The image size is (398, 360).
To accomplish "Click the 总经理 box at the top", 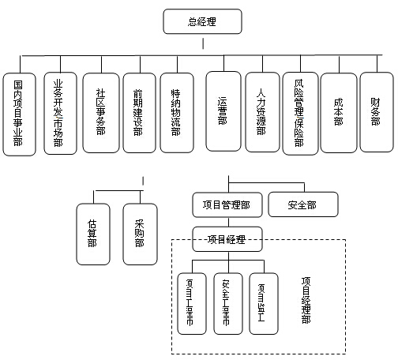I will pyautogui.click(x=202, y=21).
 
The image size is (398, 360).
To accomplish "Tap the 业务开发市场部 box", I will pyautogui.click(x=59, y=113).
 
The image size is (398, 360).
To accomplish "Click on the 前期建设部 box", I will pyautogui.click(x=138, y=113).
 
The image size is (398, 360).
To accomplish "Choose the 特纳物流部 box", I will pyautogui.click(x=176, y=113).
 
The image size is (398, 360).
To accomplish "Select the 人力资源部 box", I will pyautogui.click(x=261, y=113).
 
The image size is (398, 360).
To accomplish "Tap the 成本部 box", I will pyautogui.click(x=337, y=113).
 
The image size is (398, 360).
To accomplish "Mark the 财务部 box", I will pyautogui.click(x=375, y=113).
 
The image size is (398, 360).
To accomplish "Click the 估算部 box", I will pyautogui.click(x=93, y=234).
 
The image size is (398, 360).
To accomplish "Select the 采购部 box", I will pyautogui.click(x=140, y=234).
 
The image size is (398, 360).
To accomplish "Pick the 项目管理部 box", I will pyautogui.click(x=227, y=204).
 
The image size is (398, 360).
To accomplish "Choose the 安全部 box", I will pyautogui.click(x=302, y=204).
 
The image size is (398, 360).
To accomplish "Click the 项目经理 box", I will pyautogui.click(x=227, y=238).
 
